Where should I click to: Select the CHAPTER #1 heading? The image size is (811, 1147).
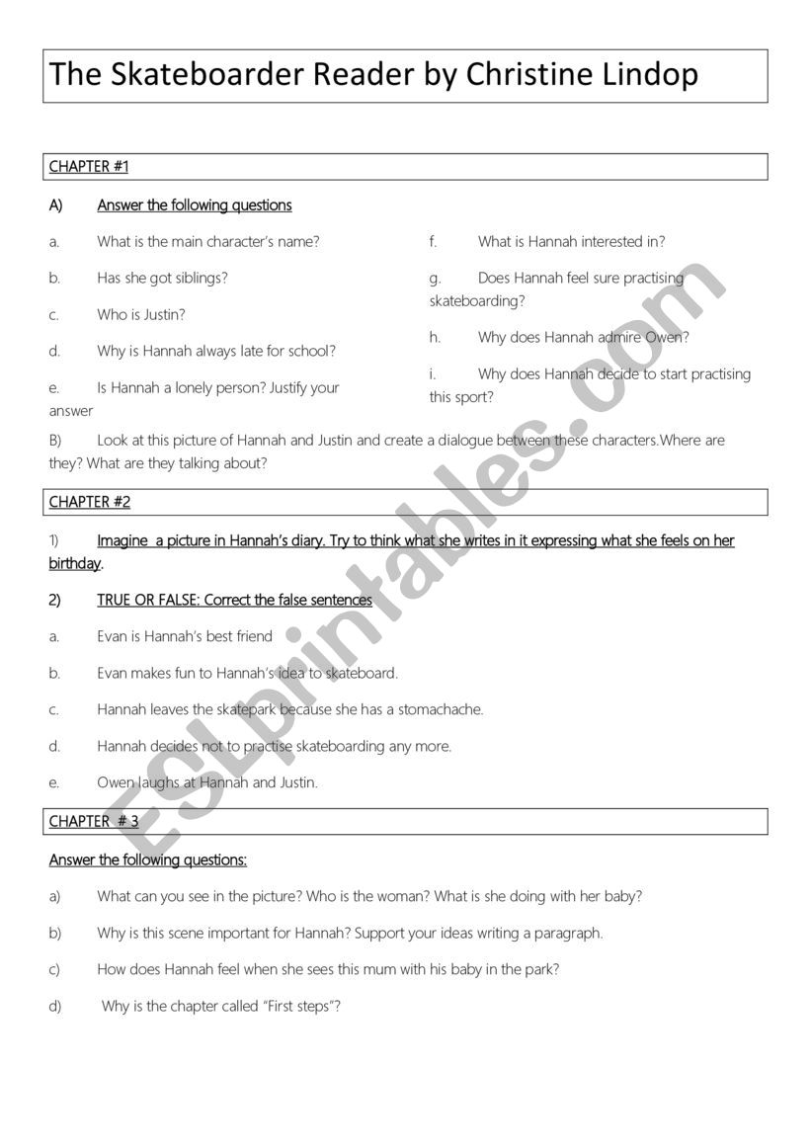(89, 167)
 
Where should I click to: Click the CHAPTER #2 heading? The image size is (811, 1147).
(90, 502)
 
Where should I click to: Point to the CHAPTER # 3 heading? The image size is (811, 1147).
(94, 821)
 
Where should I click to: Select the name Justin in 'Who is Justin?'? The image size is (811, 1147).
(163, 315)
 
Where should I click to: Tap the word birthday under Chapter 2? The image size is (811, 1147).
(75, 564)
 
